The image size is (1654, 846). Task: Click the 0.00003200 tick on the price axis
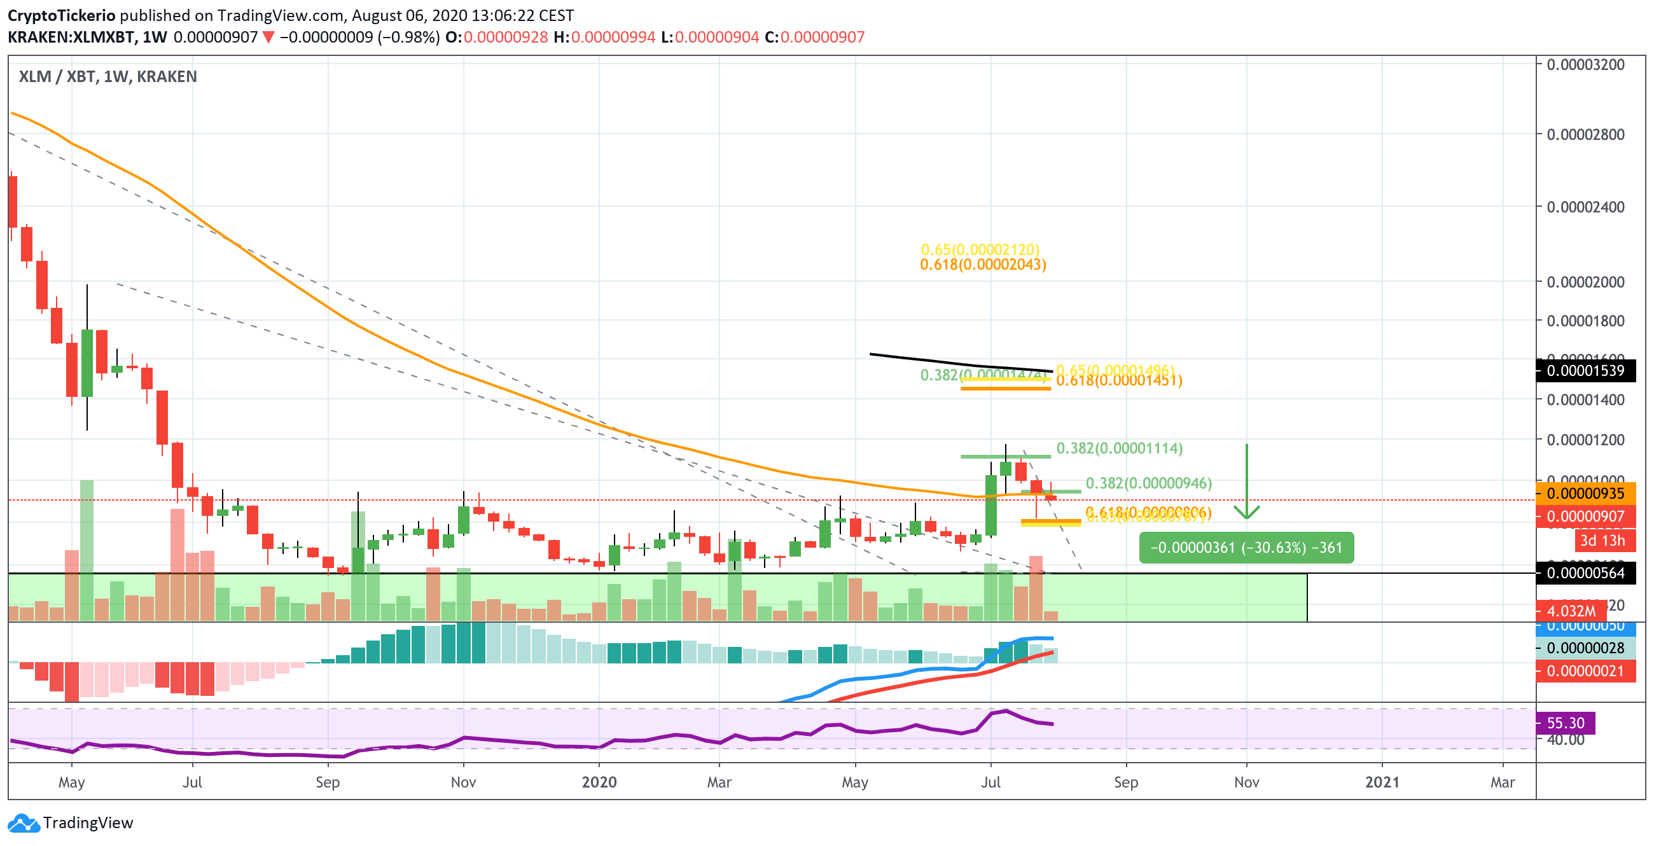click(x=1585, y=64)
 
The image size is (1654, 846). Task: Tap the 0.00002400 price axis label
click(x=1585, y=207)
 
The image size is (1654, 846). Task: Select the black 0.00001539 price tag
click(x=1585, y=371)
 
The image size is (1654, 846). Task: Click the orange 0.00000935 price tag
click(x=1585, y=494)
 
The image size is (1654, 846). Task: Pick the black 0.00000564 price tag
click(x=1585, y=573)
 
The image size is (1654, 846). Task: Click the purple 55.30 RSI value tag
click(x=1566, y=723)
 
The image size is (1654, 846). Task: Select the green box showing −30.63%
click(x=1246, y=548)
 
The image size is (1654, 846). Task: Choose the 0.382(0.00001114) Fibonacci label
click(x=1119, y=448)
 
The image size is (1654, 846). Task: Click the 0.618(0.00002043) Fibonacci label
click(x=982, y=265)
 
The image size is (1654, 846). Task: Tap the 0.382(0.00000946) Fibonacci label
click(x=1148, y=483)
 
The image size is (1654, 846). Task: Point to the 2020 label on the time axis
click(x=599, y=782)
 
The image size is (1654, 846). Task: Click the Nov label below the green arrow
click(x=1246, y=782)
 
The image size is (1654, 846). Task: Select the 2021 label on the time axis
click(x=1382, y=782)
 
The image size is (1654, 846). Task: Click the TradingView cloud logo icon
click(x=24, y=823)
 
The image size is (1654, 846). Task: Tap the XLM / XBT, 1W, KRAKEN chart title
click(x=108, y=76)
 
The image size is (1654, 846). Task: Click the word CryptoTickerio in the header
click(x=62, y=15)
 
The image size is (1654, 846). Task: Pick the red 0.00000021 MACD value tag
click(x=1585, y=671)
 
